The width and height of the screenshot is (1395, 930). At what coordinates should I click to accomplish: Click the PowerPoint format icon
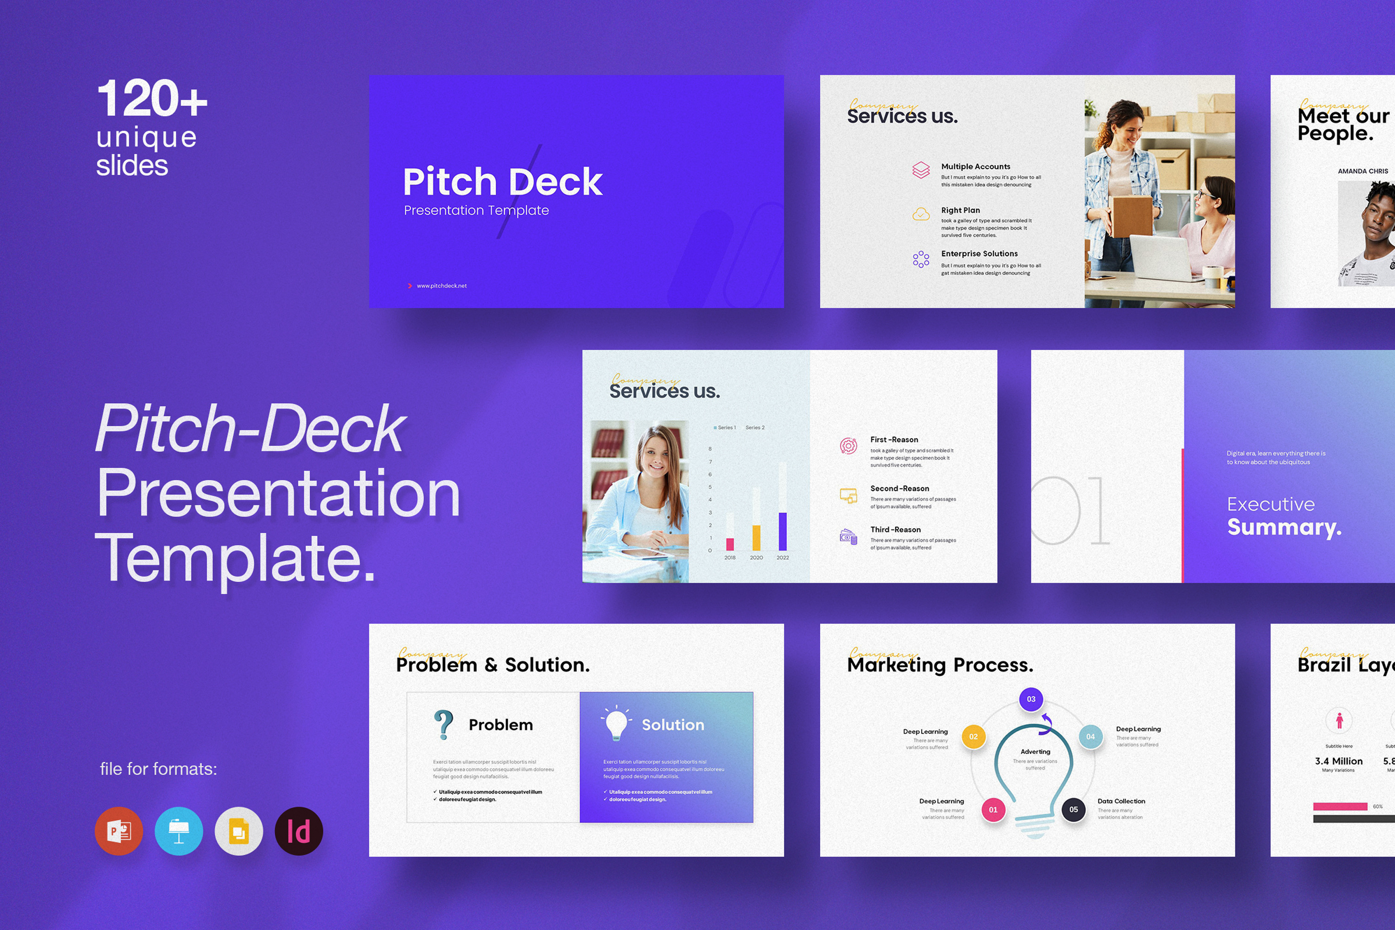[x=119, y=831]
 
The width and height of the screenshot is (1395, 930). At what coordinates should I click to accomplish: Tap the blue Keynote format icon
[x=179, y=831]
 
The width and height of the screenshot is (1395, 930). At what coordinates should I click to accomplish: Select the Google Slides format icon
[x=239, y=831]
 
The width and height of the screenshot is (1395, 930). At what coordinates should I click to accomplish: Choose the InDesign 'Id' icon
[x=299, y=831]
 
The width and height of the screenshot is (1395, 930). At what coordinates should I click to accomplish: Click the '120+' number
[x=152, y=99]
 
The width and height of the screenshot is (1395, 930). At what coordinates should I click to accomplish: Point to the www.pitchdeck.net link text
[x=441, y=286]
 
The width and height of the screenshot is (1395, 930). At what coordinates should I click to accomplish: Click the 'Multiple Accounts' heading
[x=975, y=166]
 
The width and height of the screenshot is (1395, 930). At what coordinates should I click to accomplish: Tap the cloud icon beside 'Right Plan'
[x=921, y=214]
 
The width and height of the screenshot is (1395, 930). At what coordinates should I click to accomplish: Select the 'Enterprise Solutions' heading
[x=979, y=254]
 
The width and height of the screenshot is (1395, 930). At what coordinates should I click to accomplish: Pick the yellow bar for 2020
[x=756, y=538]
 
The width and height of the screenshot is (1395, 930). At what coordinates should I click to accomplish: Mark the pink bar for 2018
[x=730, y=544]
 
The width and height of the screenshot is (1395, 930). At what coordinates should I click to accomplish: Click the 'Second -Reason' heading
[x=899, y=489]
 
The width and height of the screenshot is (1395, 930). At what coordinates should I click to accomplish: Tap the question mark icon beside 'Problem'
[x=443, y=725]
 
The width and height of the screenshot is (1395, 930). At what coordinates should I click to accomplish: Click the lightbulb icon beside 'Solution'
[x=616, y=724]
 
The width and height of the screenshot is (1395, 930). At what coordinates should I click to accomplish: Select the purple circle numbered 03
[x=1031, y=699]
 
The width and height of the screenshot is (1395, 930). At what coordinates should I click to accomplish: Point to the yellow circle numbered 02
[x=973, y=737]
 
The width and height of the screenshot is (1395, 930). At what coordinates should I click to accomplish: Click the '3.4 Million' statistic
[x=1338, y=761]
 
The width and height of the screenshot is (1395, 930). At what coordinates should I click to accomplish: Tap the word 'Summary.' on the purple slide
[x=1284, y=527]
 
